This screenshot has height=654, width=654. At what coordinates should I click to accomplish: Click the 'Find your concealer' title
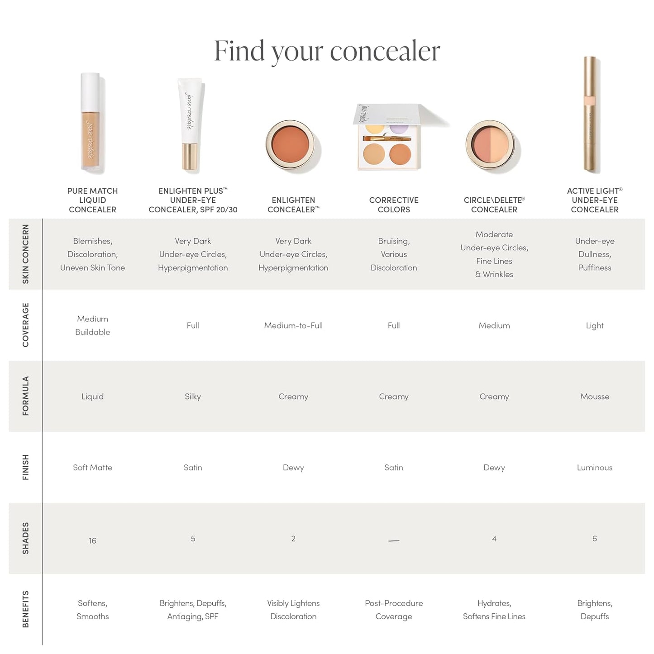tap(327, 51)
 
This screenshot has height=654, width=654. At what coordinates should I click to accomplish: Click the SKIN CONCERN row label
tap(25, 254)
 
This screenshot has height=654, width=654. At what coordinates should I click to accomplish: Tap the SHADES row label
tap(25, 538)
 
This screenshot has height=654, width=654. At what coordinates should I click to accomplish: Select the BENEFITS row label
tap(25, 609)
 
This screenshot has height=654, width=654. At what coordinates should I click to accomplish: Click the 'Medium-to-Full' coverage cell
tap(293, 325)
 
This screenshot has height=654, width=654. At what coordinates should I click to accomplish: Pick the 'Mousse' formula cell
tap(594, 396)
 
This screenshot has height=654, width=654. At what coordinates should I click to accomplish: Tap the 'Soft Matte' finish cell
tap(92, 468)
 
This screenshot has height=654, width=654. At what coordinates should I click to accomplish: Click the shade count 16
tap(92, 540)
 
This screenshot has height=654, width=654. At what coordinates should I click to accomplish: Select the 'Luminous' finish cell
tap(594, 468)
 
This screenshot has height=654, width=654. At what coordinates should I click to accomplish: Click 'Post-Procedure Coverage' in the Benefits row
tap(394, 610)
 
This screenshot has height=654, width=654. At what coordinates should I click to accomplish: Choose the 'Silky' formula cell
tap(193, 396)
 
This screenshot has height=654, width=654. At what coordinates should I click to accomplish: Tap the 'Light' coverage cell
tap(594, 325)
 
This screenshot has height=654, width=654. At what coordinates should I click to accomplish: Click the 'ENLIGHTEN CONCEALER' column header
tap(293, 205)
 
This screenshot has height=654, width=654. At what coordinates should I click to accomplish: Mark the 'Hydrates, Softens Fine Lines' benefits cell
tap(494, 610)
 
